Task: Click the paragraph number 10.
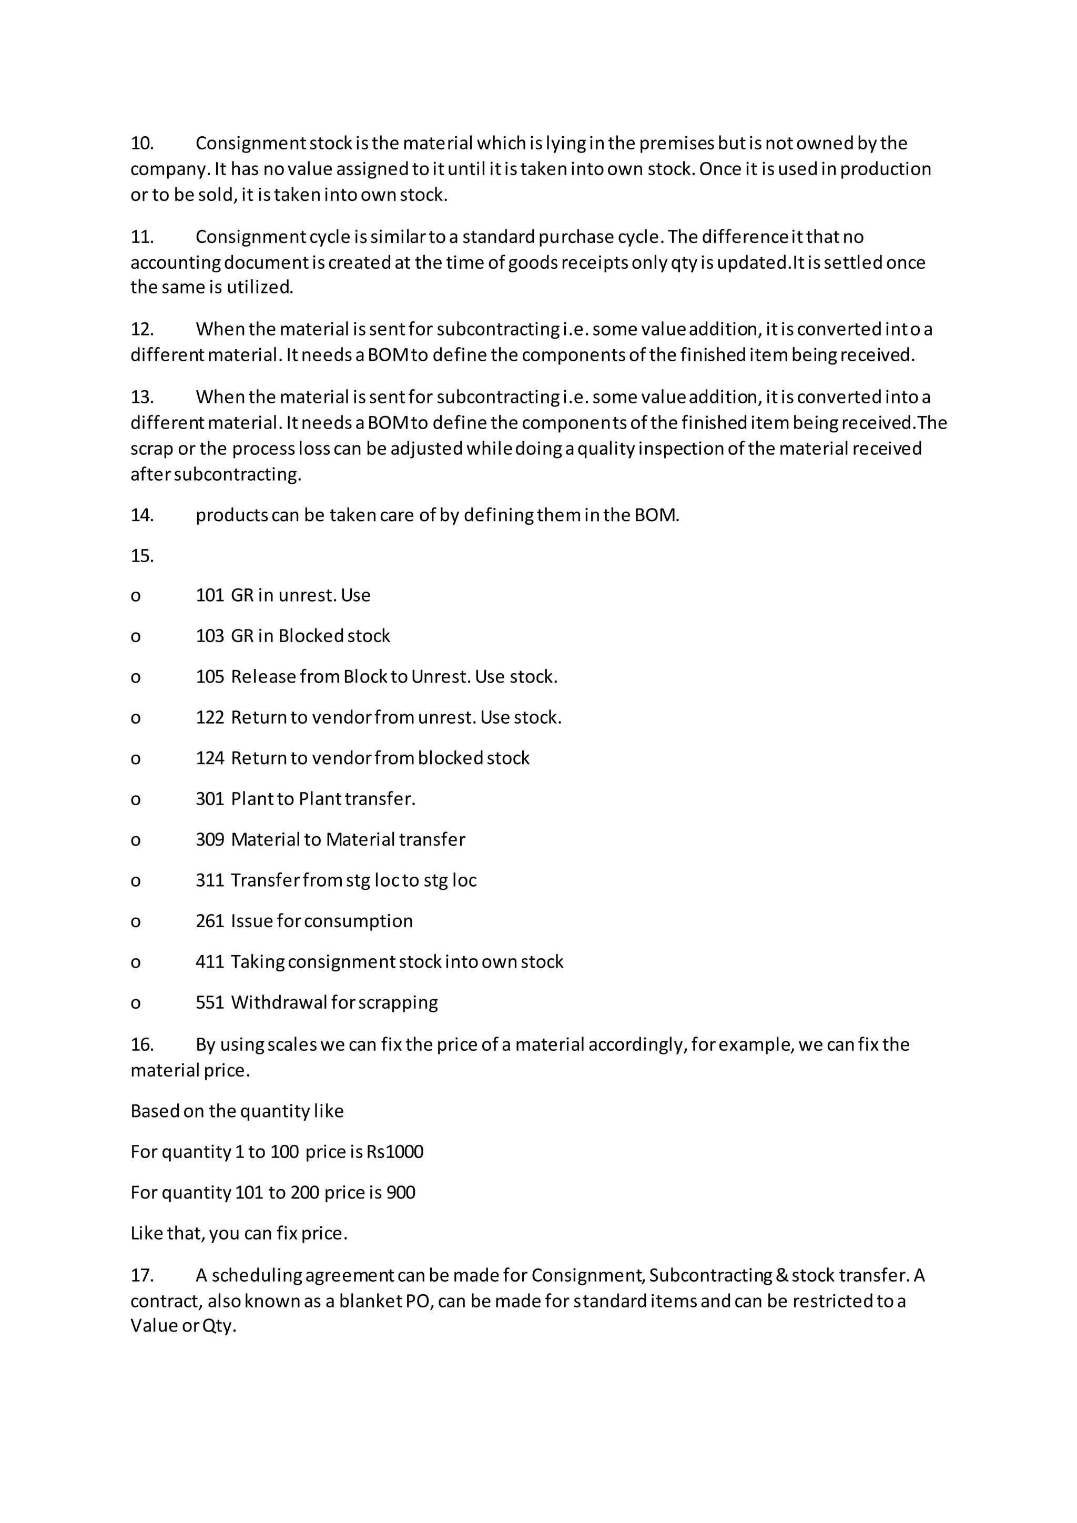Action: pos(142,143)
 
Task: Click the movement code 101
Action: pos(210,595)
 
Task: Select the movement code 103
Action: pos(210,636)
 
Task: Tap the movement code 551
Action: pos(210,1002)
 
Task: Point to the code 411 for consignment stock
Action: pos(210,962)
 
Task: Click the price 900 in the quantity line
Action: pos(401,1193)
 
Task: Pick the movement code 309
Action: pos(210,840)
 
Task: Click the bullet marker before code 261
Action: pos(135,922)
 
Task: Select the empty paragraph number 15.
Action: pos(142,556)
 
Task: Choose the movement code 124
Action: pos(210,758)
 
